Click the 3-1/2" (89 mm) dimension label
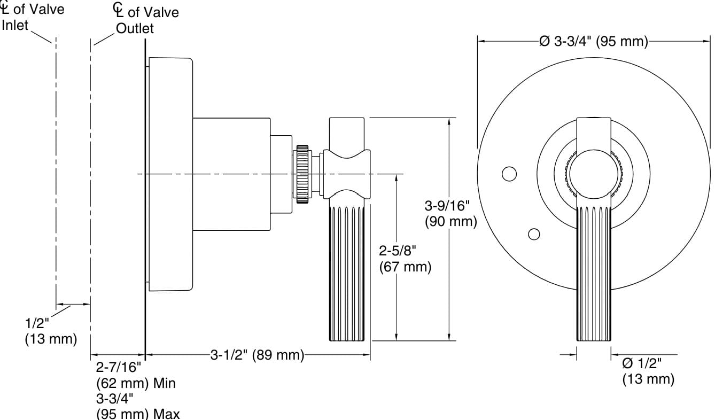(257, 354)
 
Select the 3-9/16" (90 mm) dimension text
(450, 213)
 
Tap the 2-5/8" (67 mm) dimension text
(405, 259)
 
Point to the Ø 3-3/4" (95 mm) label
(593, 41)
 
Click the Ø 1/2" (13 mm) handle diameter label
(648, 371)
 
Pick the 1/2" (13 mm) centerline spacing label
(51, 331)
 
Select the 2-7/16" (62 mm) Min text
(136, 375)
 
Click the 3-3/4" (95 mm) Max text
(138, 406)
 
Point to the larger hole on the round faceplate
(509, 174)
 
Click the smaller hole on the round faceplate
(533, 234)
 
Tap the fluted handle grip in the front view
(594, 273)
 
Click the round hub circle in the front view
(594, 174)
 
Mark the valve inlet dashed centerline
(56, 171)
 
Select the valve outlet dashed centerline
(90, 171)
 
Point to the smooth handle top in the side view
(347, 134)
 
